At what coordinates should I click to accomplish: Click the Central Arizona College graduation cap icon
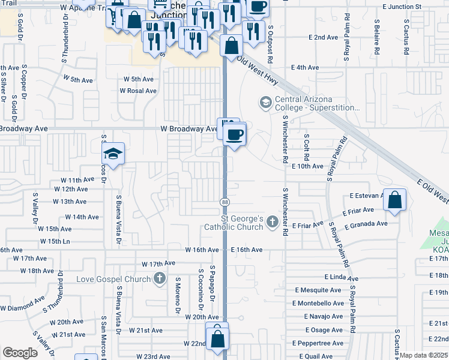pyautogui.click(x=265, y=103)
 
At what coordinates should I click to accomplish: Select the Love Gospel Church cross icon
pyautogui.click(x=159, y=278)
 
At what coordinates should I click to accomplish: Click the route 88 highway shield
pyautogui.click(x=224, y=202)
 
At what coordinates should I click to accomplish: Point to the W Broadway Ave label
pyautogui.click(x=188, y=128)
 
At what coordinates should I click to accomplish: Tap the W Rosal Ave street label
pyautogui.click(x=138, y=91)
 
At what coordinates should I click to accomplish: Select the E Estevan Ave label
pyautogui.click(x=366, y=196)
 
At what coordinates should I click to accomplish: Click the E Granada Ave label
pyautogui.click(x=366, y=224)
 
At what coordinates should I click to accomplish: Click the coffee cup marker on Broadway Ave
pyautogui.click(x=236, y=134)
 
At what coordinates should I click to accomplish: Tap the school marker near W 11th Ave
pyautogui.click(x=112, y=154)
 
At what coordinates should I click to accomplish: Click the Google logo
pyautogui.click(x=20, y=353)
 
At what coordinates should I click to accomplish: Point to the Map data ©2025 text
pyautogui.click(x=424, y=355)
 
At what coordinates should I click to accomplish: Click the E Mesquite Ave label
pyautogui.click(x=318, y=290)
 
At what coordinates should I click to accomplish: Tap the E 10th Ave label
pyautogui.click(x=307, y=166)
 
